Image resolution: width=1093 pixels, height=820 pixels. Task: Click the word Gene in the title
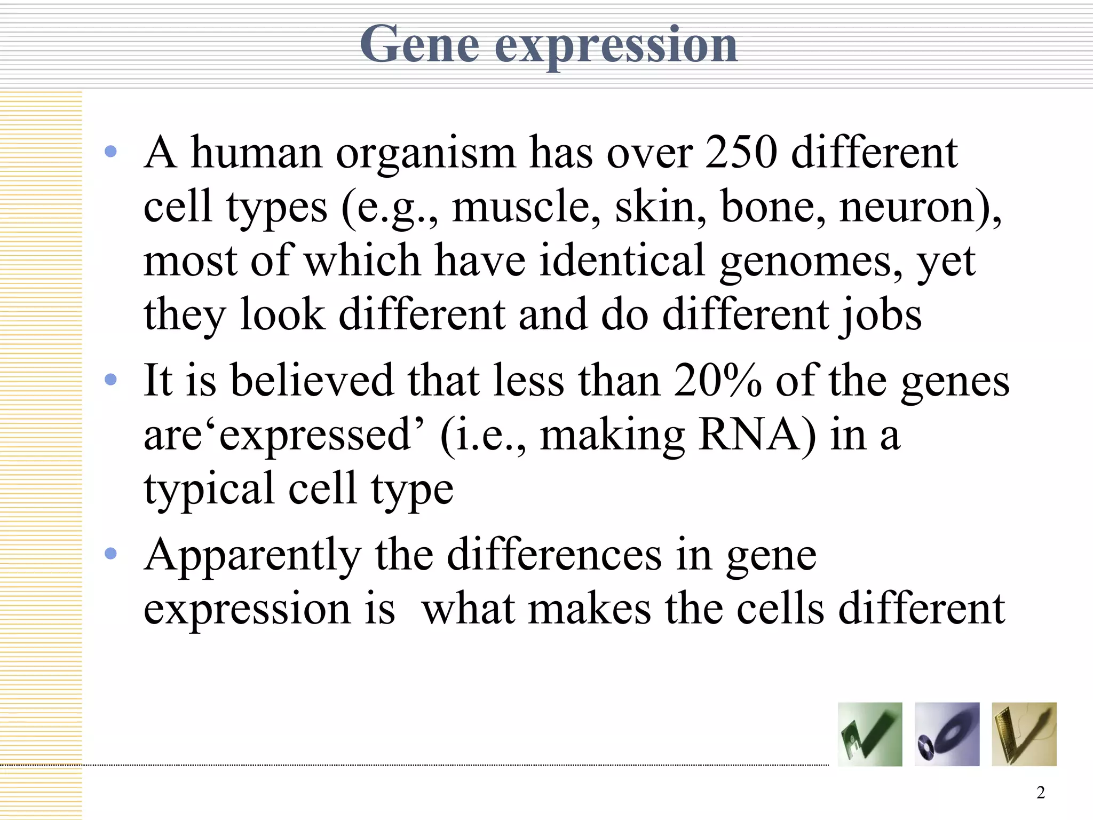coord(419,45)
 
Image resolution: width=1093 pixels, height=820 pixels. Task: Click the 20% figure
coord(717,381)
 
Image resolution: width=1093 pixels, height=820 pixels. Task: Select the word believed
coord(312,381)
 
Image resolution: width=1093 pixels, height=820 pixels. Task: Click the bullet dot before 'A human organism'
coord(111,152)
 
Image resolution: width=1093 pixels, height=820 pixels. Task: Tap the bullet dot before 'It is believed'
coord(111,380)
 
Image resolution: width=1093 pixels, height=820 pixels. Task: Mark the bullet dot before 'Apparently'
coord(111,554)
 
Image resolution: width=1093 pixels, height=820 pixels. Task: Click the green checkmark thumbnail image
coord(870,735)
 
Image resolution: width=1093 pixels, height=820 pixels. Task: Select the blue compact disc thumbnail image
coord(947,735)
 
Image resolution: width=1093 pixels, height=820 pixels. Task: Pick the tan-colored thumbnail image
coord(1024,735)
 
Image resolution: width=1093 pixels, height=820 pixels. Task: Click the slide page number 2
coord(1040,793)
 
